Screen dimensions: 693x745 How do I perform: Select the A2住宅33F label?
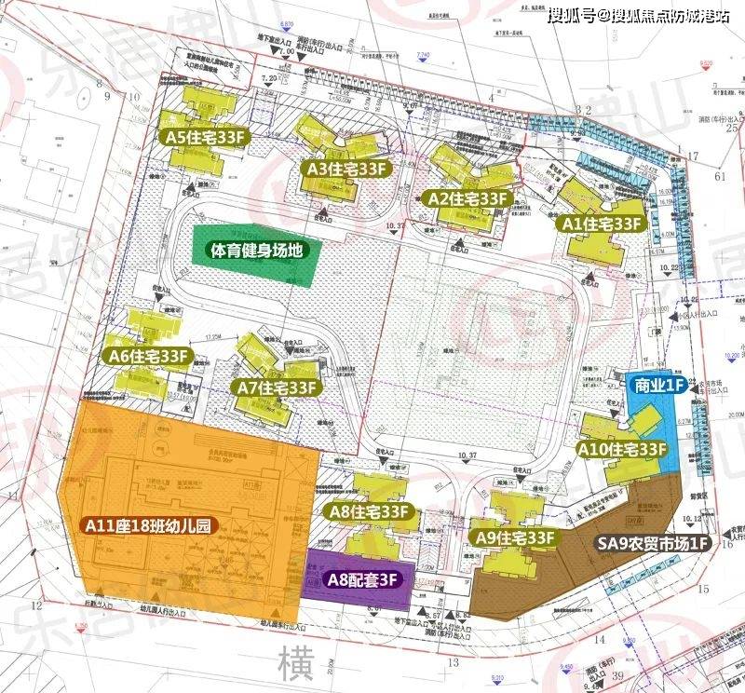pos(467,198)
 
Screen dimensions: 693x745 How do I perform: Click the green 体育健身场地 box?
pos(252,251)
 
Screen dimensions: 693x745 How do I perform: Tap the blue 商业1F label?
pos(658,384)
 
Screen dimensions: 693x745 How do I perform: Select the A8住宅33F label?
pos(369,511)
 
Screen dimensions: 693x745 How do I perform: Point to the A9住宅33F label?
pos(514,537)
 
